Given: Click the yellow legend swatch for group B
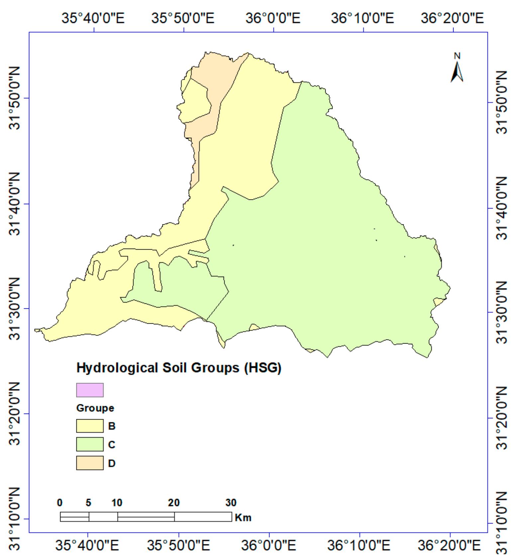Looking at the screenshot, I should (90, 426).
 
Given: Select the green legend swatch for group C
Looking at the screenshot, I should (90, 444).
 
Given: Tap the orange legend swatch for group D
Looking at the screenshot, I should (90, 463).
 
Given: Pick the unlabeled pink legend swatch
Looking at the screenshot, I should (90, 390).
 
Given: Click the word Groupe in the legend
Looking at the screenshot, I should (95, 408).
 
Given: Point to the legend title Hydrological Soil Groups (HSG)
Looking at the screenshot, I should (179, 368).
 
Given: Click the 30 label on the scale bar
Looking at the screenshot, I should (231, 503).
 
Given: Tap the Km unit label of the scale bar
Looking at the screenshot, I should (243, 517).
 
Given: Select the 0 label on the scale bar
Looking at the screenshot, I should (59, 503).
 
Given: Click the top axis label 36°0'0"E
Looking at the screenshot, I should (273, 18).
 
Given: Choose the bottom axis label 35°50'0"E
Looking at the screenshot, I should (178, 545).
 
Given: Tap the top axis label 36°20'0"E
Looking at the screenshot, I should (452, 18).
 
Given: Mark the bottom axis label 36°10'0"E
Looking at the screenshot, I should (359, 545).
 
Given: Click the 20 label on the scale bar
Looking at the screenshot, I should (173, 503).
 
